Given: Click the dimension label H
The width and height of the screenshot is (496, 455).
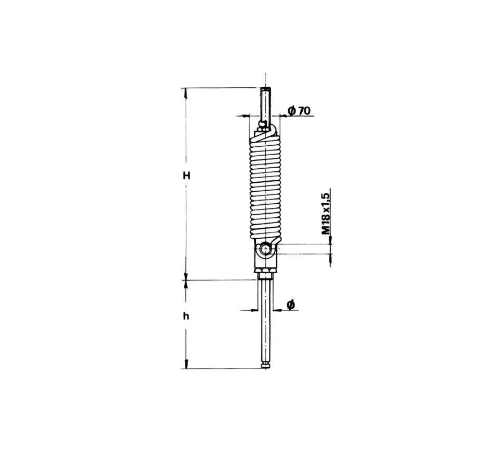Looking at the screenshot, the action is tap(186, 176).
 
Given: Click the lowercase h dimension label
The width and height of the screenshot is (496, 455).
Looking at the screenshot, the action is tap(186, 316).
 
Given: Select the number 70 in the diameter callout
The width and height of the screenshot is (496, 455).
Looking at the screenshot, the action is tap(304, 110).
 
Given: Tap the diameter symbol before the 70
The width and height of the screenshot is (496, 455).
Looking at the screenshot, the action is tap(292, 110).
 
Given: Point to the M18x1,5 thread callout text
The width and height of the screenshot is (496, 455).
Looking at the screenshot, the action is tap(326, 212).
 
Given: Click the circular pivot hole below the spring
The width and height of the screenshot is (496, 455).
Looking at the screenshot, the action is tap(265, 249).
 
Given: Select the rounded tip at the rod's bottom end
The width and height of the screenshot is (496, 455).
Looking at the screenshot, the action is tap(266, 366).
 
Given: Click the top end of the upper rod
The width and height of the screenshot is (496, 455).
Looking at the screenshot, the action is tap(266, 88).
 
